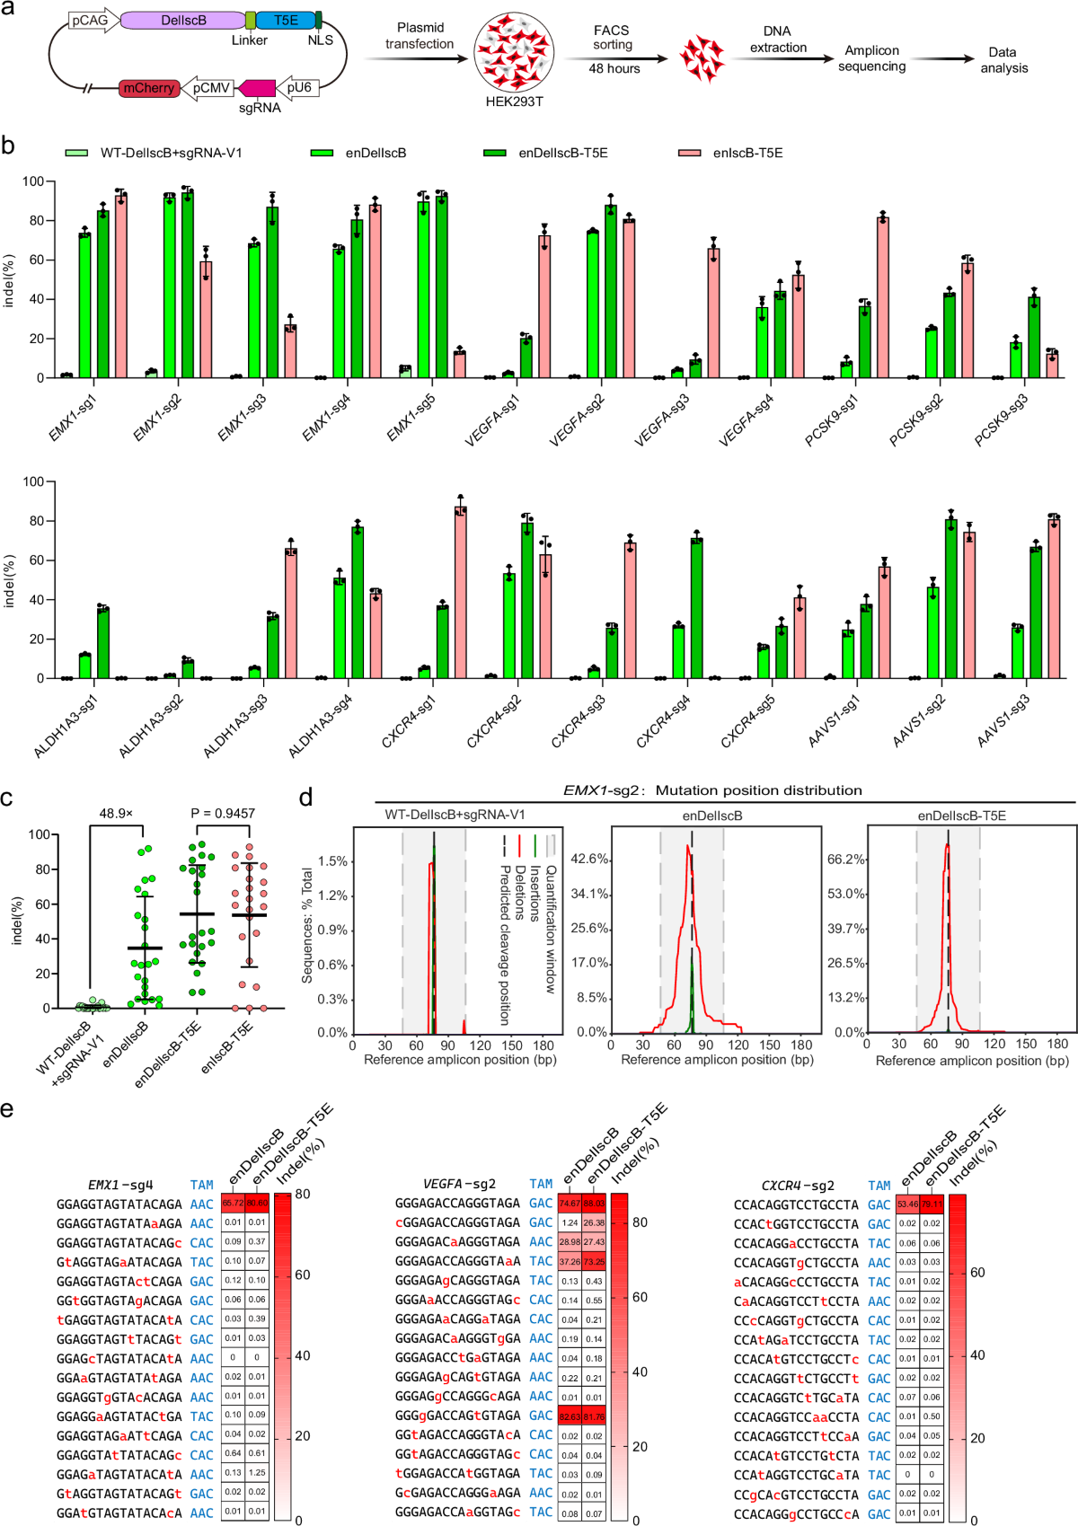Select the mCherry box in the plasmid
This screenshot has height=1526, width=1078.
(149, 88)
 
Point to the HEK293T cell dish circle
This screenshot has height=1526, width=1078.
(514, 52)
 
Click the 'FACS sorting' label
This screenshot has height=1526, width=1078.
(612, 37)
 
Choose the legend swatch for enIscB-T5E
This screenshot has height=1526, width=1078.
(689, 154)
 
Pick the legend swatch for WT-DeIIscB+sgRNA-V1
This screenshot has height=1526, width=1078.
(76, 154)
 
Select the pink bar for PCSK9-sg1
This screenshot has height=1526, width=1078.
(882, 296)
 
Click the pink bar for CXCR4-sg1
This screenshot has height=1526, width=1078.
(461, 593)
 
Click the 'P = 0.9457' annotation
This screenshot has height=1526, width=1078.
(223, 813)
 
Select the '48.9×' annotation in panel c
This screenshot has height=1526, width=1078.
(116, 813)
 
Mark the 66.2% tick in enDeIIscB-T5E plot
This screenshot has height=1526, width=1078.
(845, 860)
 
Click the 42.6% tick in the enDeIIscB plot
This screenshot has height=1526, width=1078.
(590, 860)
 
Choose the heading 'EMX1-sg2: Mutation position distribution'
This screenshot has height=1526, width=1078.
(712, 790)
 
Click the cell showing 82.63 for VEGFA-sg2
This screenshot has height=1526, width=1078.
(570, 1416)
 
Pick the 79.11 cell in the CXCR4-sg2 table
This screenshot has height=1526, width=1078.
(932, 1204)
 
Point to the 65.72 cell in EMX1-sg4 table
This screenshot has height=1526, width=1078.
(233, 1203)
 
